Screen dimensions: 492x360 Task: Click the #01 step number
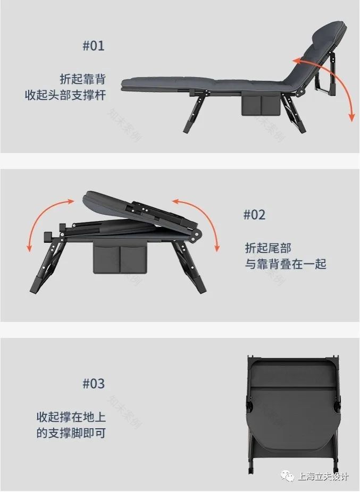click(x=94, y=46)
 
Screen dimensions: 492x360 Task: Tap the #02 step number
click(x=254, y=215)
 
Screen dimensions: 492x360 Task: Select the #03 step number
click(x=94, y=384)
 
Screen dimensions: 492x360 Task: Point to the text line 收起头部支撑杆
click(x=65, y=96)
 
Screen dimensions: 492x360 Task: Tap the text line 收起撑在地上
click(x=71, y=416)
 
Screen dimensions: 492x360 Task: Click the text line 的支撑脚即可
click(x=71, y=433)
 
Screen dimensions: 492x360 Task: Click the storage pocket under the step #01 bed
click(x=260, y=105)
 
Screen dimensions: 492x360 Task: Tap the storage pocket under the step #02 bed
click(x=121, y=257)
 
